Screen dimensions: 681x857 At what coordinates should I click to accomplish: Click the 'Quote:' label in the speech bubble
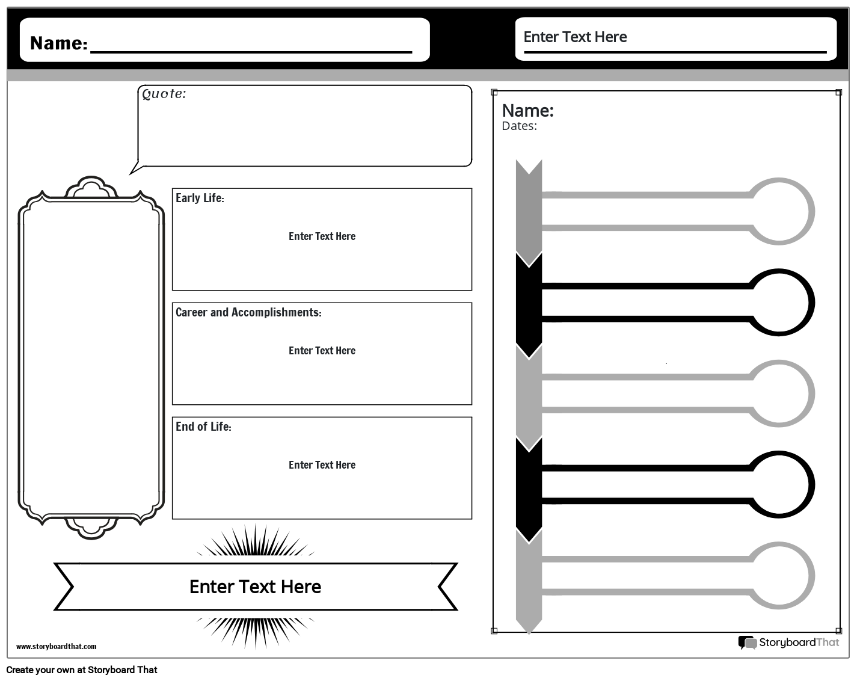click(164, 94)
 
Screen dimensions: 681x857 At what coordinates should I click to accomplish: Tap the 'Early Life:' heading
click(200, 198)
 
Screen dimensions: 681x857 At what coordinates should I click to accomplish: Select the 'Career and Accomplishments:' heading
click(248, 312)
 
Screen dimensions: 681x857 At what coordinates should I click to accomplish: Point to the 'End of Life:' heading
click(203, 427)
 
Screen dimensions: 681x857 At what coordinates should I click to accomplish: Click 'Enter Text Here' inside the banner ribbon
click(255, 587)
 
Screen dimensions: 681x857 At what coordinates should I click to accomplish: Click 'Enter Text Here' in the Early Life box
click(322, 236)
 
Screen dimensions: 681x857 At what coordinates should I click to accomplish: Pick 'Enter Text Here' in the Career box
click(322, 351)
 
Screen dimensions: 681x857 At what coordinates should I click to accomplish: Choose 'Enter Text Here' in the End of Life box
click(322, 465)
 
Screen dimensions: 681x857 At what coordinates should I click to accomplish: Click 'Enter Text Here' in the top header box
click(575, 37)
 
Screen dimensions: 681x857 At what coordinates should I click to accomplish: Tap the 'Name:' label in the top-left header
click(58, 43)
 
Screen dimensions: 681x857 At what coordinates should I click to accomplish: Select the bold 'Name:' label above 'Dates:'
click(527, 111)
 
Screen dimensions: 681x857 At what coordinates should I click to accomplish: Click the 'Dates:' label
click(519, 126)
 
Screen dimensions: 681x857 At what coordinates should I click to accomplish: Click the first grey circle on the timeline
click(779, 211)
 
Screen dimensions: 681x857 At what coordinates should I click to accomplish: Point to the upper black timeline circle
click(779, 302)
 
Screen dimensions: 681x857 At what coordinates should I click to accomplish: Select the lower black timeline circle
click(779, 485)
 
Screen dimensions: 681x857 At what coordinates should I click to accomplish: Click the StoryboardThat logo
click(788, 642)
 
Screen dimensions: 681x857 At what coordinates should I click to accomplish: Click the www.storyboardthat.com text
click(56, 647)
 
